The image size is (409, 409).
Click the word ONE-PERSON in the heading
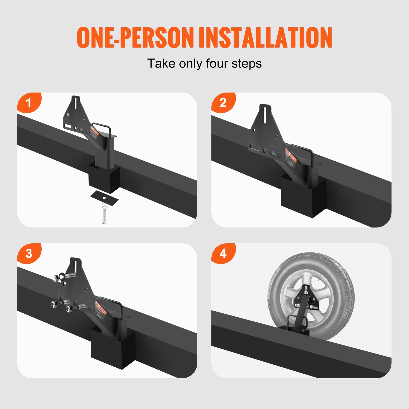tap(135, 38)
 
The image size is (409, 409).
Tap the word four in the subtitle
tap(217, 63)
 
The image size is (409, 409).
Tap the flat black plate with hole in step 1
tap(105, 198)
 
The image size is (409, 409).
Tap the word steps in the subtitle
tap(247, 63)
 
